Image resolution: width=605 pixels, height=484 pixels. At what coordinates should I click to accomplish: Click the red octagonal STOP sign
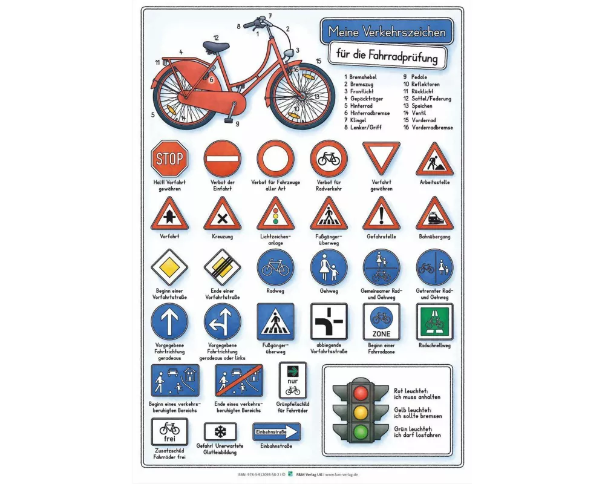click(x=169, y=159)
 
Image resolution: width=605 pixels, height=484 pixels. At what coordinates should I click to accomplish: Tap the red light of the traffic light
click(x=361, y=393)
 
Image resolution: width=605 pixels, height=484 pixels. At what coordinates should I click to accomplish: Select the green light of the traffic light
click(x=361, y=431)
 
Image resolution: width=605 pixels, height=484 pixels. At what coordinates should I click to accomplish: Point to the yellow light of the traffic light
click(x=361, y=412)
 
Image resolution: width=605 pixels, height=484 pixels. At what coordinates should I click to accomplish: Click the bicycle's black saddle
click(x=216, y=47)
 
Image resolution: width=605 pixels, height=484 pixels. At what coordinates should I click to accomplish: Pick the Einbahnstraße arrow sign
click(x=276, y=432)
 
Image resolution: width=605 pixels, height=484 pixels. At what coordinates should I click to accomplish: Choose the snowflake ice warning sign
click(x=220, y=432)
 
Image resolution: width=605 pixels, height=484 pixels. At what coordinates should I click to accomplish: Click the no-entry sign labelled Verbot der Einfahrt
click(x=223, y=159)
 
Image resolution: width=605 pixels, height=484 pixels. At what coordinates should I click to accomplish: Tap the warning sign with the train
click(x=434, y=215)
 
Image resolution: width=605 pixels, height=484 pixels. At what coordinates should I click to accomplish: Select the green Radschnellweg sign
click(x=434, y=322)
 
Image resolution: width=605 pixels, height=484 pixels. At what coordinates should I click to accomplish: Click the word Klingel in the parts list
click(x=358, y=120)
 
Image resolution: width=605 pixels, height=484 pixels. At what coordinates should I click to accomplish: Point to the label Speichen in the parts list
click(x=422, y=106)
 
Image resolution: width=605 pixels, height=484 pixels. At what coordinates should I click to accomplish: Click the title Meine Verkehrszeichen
click(x=387, y=31)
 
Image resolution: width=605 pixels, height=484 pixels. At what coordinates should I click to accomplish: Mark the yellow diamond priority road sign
click(x=169, y=267)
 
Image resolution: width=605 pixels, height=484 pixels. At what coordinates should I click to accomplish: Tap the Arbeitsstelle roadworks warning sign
click(x=434, y=160)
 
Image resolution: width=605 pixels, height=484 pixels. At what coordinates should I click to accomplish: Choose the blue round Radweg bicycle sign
click(x=275, y=267)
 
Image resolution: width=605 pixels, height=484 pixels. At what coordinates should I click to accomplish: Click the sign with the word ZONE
click(x=381, y=322)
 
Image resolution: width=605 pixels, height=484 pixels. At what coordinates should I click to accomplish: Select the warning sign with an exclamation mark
click(x=381, y=215)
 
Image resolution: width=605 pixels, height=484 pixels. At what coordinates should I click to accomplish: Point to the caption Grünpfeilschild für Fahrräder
click(x=293, y=407)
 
